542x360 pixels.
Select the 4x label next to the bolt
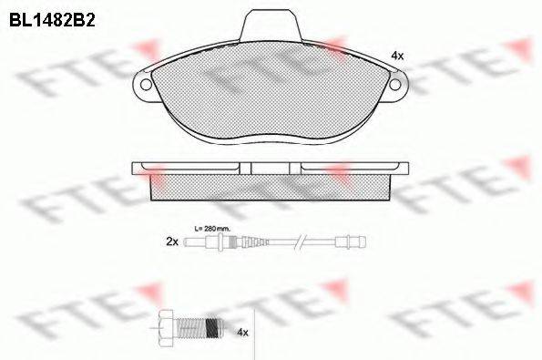(242, 334)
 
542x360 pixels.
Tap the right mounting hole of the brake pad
(397, 86)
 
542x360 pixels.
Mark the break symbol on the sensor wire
(298, 242)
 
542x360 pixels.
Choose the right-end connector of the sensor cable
(351, 242)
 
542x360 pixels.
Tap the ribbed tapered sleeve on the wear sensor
(246, 242)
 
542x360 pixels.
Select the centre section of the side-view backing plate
(274, 168)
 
